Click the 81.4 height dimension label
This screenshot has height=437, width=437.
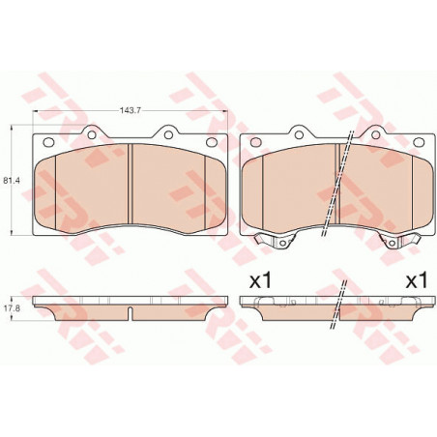click(12, 181)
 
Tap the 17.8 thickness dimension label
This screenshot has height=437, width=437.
click(12, 308)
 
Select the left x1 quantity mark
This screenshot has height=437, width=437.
click(261, 280)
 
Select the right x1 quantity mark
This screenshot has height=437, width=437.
click(416, 280)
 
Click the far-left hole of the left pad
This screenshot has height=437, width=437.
click(48, 141)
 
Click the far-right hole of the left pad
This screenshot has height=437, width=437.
click(212, 141)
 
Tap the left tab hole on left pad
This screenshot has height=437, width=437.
click(92, 134)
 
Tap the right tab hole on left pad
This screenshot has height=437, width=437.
click(168, 134)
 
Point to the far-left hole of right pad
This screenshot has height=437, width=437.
click(255, 141)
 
